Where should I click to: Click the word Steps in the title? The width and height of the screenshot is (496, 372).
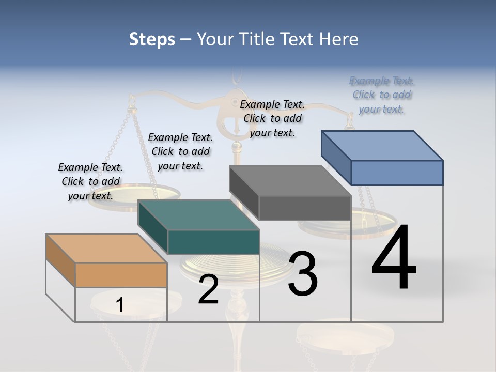point(152,39)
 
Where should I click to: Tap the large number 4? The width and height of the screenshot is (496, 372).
point(394,258)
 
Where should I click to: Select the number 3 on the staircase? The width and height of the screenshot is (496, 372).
point(303,273)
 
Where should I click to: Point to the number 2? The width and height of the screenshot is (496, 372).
point(208,289)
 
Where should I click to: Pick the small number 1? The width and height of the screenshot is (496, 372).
point(119,305)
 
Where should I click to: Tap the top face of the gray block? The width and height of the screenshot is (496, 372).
point(290,181)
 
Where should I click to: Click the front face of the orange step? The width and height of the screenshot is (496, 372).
point(121,275)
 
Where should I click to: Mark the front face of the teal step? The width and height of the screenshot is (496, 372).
point(213,242)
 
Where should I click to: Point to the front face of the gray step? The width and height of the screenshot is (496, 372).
point(305,208)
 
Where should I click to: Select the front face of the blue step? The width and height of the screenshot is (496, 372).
point(397,173)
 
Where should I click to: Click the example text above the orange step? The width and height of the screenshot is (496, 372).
point(90,181)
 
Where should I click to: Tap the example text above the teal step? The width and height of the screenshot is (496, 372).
point(180,151)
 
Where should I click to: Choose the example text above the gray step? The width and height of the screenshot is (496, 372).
point(272,118)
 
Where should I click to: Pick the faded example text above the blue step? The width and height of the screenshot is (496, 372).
point(382,95)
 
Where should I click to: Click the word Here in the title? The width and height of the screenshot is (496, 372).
point(339,39)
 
